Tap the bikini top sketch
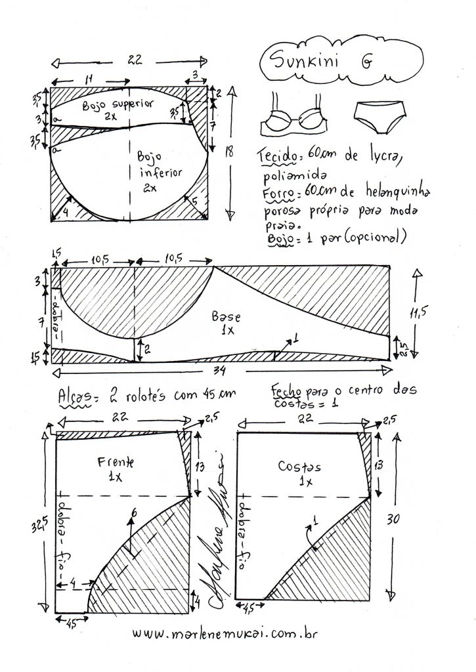(296, 117)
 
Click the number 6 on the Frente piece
(135, 513)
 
